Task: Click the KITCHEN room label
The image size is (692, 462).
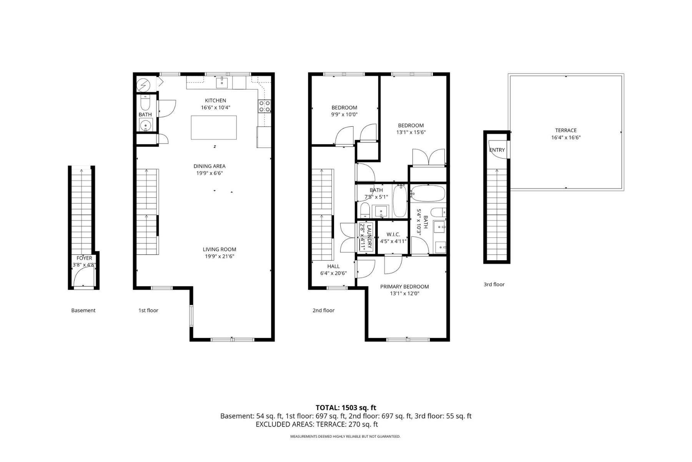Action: click(215, 100)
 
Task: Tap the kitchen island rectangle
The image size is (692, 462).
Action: click(214, 127)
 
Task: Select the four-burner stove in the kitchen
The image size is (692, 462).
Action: click(264, 106)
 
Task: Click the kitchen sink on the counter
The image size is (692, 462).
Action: click(222, 82)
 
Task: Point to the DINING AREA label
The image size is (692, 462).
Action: click(209, 166)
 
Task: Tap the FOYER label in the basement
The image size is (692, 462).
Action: click(84, 258)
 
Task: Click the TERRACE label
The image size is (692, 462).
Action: click(566, 131)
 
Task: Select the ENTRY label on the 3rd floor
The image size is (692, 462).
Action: click(497, 150)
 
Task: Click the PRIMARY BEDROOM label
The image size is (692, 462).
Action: click(404, 286)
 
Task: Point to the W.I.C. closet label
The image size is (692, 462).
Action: click(393, 234)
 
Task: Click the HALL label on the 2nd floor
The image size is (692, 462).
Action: click(333, 266)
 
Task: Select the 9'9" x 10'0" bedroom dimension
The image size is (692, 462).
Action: click(344, 114)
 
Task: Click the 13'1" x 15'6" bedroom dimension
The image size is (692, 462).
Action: click(411, 132)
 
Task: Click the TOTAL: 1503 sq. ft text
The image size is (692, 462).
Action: click(346, 408)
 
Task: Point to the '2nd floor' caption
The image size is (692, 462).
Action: click(323, 310)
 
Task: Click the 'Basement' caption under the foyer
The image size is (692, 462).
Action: click(83, 310)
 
